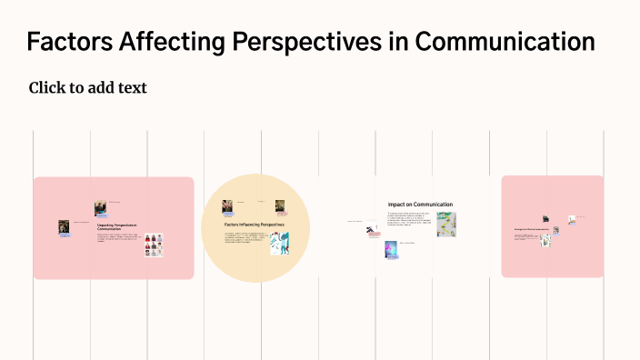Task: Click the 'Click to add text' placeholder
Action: tap(87, 88)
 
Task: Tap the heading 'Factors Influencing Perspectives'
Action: tap(254, 224)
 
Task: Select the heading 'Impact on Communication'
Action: tap(419, 205)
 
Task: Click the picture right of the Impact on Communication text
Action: tap(445, 225)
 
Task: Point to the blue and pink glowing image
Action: tap(391, 249)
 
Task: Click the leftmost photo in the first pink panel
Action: tap(65, 226)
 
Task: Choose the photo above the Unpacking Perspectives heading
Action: tap(100, 208)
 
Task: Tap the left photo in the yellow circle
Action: tap(227, 206)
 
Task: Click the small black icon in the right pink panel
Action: tap(545, 219)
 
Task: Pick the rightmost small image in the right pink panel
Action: tap(572, 219)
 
